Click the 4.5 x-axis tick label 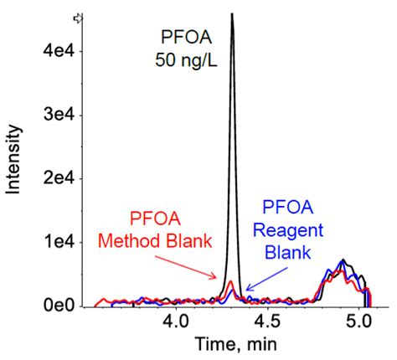[268, 322]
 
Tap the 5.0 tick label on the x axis [360, 322]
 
